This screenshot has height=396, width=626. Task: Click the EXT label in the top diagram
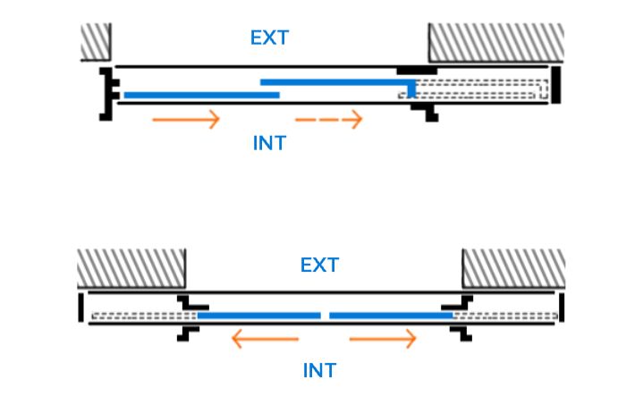point(270,38)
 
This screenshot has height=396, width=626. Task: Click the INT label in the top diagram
point(269,142)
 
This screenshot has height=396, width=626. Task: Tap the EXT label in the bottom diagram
point(319,265)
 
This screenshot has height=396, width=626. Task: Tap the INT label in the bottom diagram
point(319,368)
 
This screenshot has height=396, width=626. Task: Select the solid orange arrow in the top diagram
point(186,119)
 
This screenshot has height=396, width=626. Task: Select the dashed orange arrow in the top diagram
point(329,119)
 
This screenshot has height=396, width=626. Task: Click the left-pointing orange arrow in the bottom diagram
point(264,339)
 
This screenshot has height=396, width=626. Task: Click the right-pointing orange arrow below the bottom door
point(383,339)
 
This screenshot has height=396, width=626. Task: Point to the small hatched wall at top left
point(95,42)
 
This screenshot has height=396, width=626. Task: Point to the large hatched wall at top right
point(495,42)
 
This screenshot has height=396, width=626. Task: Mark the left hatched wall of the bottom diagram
point(131,268)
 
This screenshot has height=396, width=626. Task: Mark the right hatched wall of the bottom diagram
point(512,268)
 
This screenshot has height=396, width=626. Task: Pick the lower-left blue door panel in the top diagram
point(201,95)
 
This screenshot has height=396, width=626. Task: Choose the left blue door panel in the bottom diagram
point(258,316)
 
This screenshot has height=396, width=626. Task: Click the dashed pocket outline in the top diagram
point(483,88)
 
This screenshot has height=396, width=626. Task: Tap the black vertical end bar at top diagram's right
point(555,84)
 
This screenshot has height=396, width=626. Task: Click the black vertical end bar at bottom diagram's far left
point(81,307)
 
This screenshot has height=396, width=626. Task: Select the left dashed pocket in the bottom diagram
point(143,316)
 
